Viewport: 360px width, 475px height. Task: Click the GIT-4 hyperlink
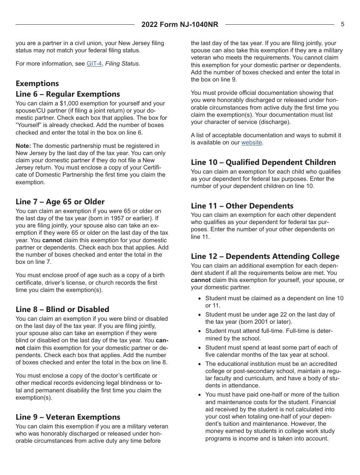94,64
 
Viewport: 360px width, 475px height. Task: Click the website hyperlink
252,143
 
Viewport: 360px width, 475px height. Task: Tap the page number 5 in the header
343,24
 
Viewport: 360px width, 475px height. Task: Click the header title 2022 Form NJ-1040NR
180,25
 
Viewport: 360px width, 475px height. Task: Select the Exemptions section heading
37,83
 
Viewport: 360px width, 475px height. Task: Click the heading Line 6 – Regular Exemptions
67,94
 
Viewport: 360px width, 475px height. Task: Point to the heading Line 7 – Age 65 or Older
60,202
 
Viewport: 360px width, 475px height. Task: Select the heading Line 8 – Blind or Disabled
62,309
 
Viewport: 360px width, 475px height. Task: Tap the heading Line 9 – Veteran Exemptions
68,417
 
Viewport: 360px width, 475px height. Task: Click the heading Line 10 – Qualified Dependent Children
263,162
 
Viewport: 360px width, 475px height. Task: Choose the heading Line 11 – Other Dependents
242,206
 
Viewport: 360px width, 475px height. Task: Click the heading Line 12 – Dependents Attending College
265,256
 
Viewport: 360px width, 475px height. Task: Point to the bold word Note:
23,146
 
